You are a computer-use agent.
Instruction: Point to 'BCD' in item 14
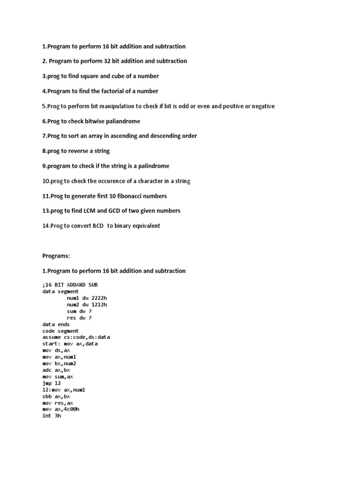click(x=98, y=225)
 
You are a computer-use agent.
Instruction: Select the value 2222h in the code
click(x=104, y=298)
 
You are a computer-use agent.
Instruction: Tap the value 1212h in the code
click(x=104, y=304)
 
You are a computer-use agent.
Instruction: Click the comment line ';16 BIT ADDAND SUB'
click(x=70, y=285)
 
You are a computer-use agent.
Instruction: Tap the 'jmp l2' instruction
click(x=52, y=383)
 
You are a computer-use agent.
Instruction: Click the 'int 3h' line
click(x=52, y=416)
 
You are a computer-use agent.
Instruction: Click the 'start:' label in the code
click(x=51, y=344)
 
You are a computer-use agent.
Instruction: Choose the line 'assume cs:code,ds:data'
click(x=76, y=337)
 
